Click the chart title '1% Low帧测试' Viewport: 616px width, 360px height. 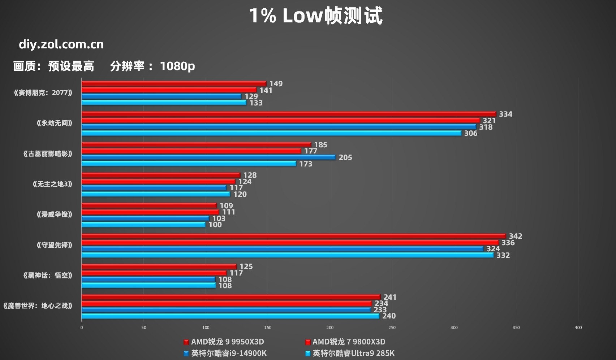(x=315, y=16)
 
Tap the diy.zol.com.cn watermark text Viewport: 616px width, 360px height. (x=61, y=44)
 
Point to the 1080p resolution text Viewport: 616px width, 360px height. (x=177, y=66)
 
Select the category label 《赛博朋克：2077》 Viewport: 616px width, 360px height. (x=43, y=93)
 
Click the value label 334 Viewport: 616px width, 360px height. (x=505, y=114)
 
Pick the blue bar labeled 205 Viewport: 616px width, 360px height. (x=208, y=157)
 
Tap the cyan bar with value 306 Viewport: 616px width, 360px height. (x=271, y=133)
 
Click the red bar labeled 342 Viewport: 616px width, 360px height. (x=293, y=236)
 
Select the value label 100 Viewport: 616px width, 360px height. (x=215, y=225)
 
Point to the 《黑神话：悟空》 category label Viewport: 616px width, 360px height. (x=48, y=276)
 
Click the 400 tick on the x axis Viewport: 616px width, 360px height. (x=578, y=328)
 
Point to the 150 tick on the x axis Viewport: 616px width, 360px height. (x=268, y=328)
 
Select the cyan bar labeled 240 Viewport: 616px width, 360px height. (x=230, y=316)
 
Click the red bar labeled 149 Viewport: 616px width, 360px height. (x=174, y=84)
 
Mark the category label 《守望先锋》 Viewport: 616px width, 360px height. (x=55, y=245)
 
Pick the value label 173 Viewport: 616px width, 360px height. (x=306, y=164)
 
